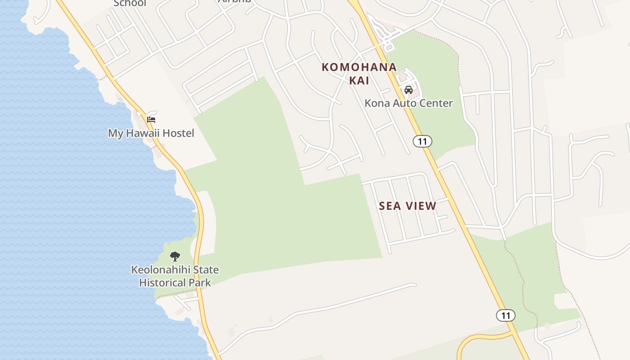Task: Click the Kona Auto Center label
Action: pyautogui.click(x=409, y=103)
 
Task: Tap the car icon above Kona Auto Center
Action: pyautogui.click(x=409, y=90)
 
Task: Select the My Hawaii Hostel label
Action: pyautogui.click(x=151, y=133)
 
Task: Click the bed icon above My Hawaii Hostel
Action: pyautogui.click(x=151, y=120)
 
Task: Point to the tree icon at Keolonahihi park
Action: pyautogui.click(x=175, y=256)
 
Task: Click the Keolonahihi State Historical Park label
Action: pyautogui.click(x=175, y=276)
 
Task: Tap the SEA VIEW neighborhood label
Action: pyautogui.click(x=407, y=206)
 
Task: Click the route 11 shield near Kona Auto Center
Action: pyautogui.click(x=422, y=141)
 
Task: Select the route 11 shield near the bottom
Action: pyautogui.click(x=505, y=315)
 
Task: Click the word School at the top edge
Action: pyautogui.click(x=130, y=3)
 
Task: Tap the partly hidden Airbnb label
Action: pyautogui.click(x=234, y=1)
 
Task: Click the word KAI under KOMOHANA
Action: pyautogui.click(x=359, y=81)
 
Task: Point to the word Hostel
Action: pyautogui.click(x=178, y=133)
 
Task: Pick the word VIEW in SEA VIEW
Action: pyautogui.click(x=421, y=206)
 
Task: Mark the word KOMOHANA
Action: pyautogui.click(x=359, y=67)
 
